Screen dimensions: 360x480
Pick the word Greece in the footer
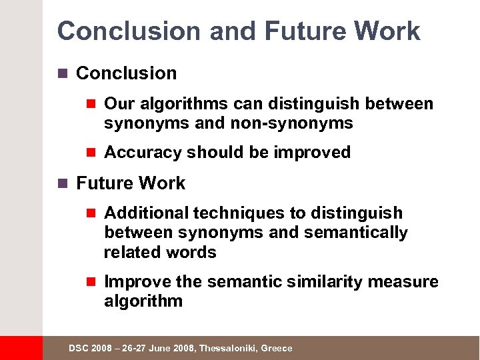click(277, 349)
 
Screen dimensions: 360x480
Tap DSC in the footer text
click(77, 349)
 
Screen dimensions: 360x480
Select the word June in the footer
click(160, 349)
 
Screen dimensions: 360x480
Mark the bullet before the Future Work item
click(64, 183)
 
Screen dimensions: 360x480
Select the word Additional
click(147, 213)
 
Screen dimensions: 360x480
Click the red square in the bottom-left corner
click(21, 348)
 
